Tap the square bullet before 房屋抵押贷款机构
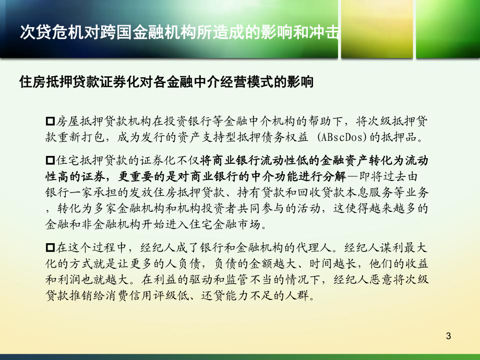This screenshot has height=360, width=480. click(x=51, y=121)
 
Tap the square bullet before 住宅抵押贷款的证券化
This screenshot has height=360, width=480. click(x=51, y=159)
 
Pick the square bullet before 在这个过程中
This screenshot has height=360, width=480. click(x=51, y=247)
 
